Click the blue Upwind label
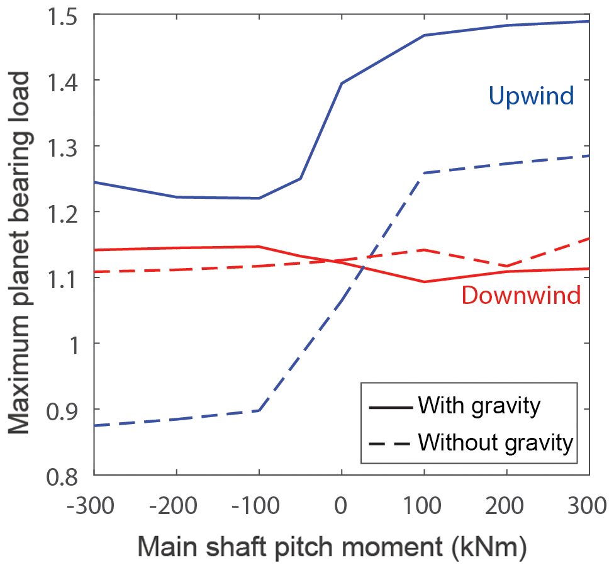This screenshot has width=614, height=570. [x=532, y=96]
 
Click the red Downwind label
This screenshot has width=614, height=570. [x=521, y=295]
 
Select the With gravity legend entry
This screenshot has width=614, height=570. [x=478, y=406]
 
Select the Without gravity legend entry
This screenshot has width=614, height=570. [x=496, y=443]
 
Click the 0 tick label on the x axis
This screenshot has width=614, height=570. [x=341, y=505]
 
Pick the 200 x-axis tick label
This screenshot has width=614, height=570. [x=506, y=505]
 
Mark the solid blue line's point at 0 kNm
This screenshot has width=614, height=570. [x=341, y=83]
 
